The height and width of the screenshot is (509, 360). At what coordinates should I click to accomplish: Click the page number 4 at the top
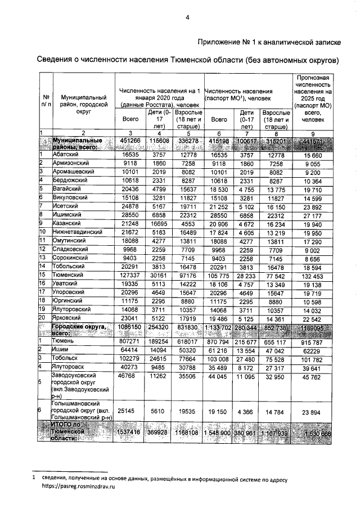pyautogui.click(x=188, y=17)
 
